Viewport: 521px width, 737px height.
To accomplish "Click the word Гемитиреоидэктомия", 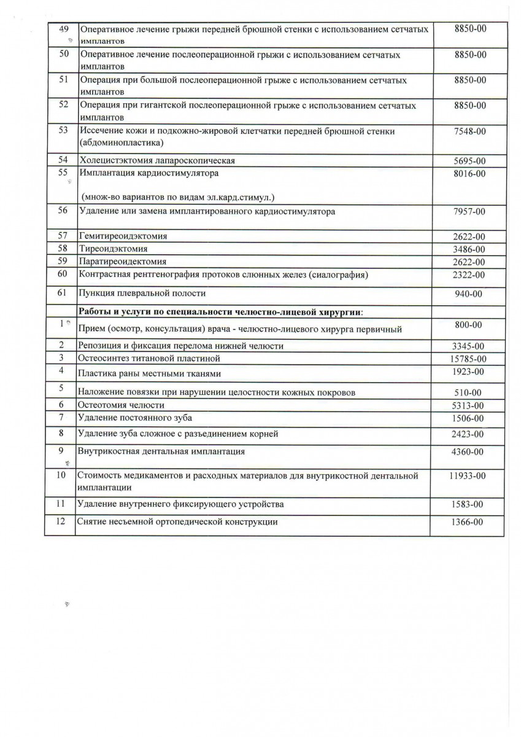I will (123, 236).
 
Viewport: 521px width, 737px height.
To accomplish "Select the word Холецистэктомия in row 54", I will (117, 160).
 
